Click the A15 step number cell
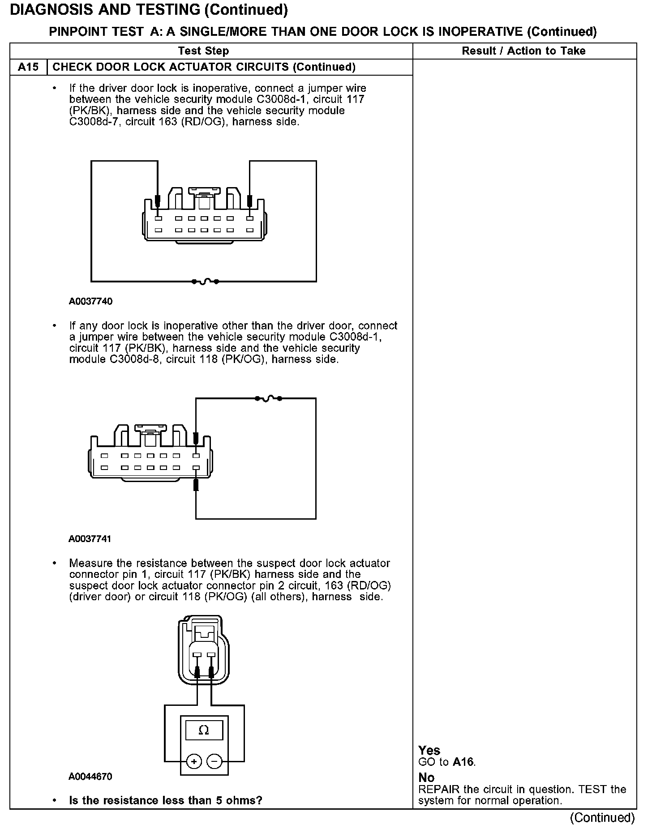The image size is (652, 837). click(x=28, y=67)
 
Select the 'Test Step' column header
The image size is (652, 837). click(x=203, y=51)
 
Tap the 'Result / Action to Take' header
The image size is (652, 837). click(x=523, y=51)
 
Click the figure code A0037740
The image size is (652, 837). click(x=90, y=302)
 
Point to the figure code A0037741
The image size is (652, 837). click(x=90, y=539)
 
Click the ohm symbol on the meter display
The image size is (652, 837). click(x=204, y=730)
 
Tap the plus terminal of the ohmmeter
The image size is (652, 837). click(x=194, y=761)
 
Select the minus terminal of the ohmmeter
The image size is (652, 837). click(x=214, y=761)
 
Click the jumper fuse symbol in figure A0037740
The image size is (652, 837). click(x=205, y=282)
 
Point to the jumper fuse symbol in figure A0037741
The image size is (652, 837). click(x=268, y=398)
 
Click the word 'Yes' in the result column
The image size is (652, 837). click(x=429, y=750)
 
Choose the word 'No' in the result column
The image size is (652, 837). click(x=426, y=777)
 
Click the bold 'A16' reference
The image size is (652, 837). click(x=463, y=762)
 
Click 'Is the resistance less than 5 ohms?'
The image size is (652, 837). click(x=165, y=800)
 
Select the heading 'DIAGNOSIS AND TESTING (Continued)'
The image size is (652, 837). click(x=149, y=10)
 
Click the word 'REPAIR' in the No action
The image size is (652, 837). click(x=437, y=789)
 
